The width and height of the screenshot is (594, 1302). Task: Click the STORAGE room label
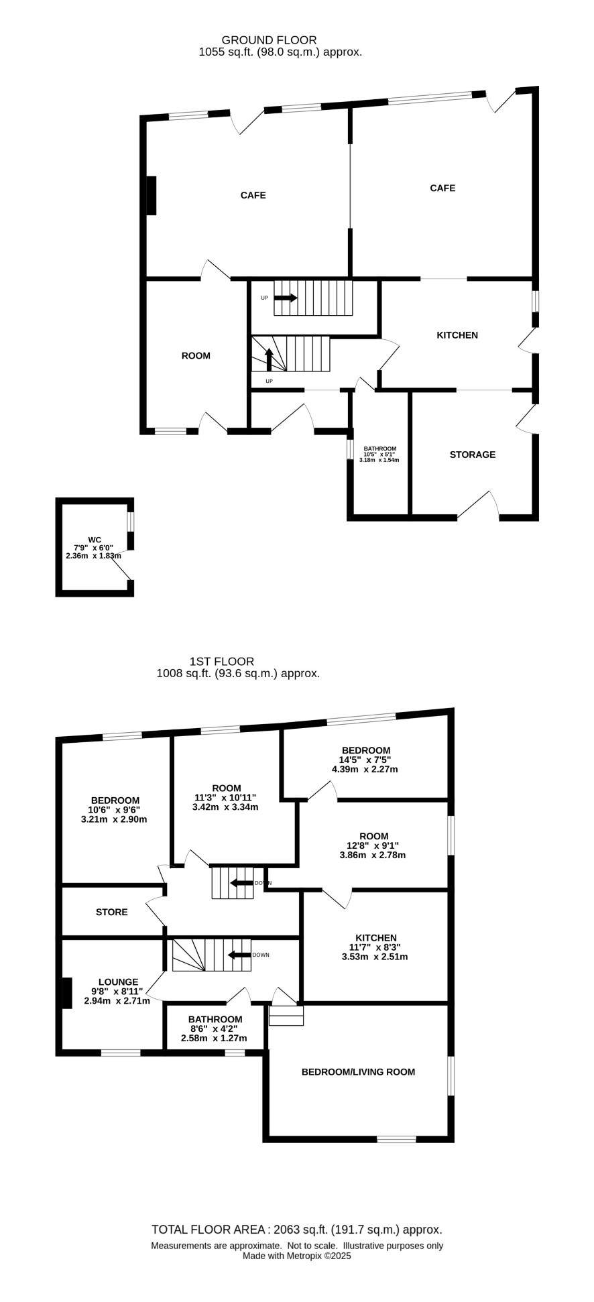coord(473,455)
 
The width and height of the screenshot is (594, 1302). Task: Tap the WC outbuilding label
coord(95,540)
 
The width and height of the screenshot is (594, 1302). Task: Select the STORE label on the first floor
coord(111,912)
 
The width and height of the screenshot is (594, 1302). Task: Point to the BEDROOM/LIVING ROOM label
coord(359,1071)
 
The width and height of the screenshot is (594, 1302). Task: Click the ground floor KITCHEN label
coord(457,335)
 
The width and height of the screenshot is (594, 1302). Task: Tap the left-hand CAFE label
coord(253,195)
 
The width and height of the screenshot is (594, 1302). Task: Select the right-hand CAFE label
coord(442,188)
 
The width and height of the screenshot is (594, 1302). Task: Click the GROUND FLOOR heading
coord(270,40)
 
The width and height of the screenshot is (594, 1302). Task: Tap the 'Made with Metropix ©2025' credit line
coord(297,1256)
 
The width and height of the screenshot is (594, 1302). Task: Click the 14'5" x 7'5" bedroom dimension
coord(365,760)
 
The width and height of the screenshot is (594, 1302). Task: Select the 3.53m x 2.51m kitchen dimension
coord(375,957)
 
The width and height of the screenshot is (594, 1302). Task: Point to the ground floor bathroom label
coord(380,449)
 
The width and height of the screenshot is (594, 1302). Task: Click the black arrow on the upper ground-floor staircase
coord(286,298)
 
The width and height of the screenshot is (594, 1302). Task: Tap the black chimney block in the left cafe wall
coord(152,196)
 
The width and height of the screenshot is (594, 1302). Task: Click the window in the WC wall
coord(131,522)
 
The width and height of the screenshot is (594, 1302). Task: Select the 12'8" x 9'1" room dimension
coord(373,845)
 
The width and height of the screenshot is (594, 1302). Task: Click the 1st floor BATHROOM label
coord(215,1019)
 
